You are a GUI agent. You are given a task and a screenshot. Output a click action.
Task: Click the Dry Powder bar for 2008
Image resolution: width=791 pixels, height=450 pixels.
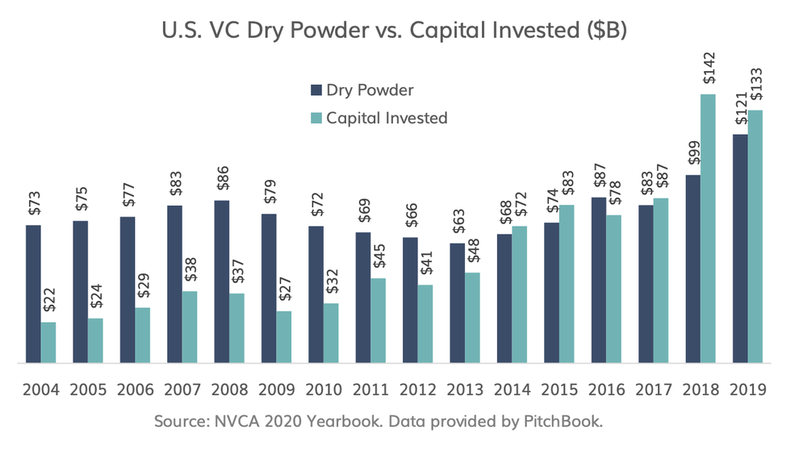[x=221, y=282]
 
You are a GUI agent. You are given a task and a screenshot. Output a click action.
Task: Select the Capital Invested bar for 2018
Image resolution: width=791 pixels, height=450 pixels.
[x=708, y=229]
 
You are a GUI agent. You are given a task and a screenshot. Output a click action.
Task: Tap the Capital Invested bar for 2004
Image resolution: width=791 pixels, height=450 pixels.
[x=48, y=343]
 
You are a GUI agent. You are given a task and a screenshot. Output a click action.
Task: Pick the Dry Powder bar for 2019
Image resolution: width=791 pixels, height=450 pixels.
[x=739, y=249]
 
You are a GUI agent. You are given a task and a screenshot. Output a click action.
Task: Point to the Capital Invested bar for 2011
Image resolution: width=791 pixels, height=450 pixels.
[x=378, y=321]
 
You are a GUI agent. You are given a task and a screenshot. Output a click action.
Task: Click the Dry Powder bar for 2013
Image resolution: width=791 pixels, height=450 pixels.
[x=457, y=303]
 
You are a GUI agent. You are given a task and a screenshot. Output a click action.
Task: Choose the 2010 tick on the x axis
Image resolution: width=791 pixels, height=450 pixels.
[x=324, y=390]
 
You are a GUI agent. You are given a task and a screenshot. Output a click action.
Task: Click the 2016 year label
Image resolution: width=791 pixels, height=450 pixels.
[x=607, y=390]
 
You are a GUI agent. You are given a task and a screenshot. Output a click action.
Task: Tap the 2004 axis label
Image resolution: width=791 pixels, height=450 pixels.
[x=40, y=390]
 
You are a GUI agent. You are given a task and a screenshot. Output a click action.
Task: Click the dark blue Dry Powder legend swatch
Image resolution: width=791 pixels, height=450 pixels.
[x=316, y=90]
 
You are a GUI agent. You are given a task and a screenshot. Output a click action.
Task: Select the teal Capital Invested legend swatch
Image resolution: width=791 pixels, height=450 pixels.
[x=316, y=118]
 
